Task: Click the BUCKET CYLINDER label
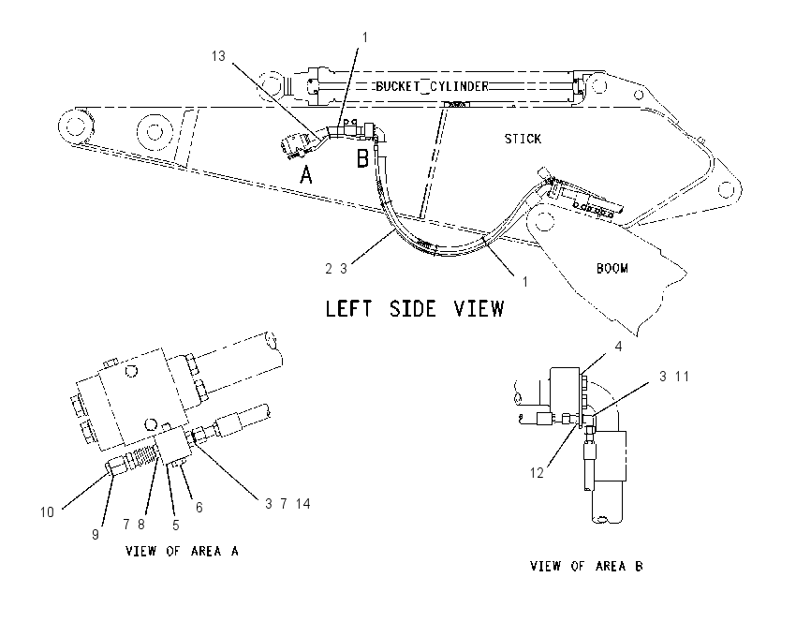tap(432, 86)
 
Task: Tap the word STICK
tap(523, 139)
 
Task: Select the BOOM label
tap(612, 268)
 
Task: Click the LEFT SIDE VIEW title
tap(414, 309)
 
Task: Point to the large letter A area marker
tap(306, 175)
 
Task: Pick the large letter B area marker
tap(362, 158)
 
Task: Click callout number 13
tap(218, 56)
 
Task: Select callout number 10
tap(47, 512)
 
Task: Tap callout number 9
tap(96, 535)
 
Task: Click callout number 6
tap(199, 507)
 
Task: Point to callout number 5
tap(176, 525)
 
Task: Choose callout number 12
tap(537, 473)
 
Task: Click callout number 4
tap(618, 347)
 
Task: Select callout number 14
tap(303, 504)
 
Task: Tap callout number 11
tap(683, 377)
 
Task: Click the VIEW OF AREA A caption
tap(182, 551)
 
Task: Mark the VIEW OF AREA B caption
tap(586, 566)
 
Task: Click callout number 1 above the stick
tap(364, 37)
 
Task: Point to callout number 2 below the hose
tap(329, 269)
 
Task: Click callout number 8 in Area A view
tap(141, 524)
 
